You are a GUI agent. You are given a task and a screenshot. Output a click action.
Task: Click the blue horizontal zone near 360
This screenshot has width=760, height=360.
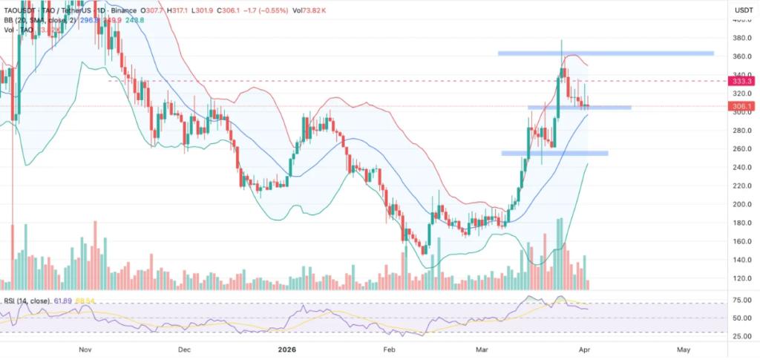606,53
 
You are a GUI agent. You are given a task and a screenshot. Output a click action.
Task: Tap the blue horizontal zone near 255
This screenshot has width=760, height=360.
554,153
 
